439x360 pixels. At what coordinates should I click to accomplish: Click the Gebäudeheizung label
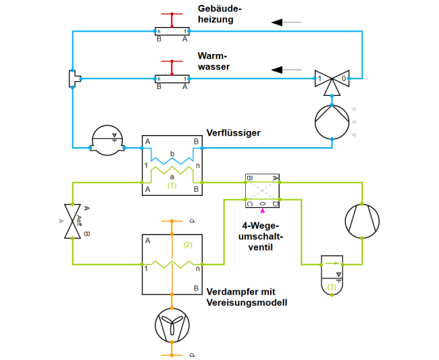219,14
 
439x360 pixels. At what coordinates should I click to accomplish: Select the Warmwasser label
213,61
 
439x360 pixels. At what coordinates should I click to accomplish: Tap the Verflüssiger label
233,133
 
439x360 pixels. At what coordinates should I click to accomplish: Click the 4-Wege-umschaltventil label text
261,236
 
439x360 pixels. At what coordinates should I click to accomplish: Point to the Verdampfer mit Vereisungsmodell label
247,298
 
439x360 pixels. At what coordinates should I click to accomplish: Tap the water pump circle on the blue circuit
332,121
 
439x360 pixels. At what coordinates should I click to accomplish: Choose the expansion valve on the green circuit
73,221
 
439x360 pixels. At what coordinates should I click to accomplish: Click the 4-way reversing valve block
262,190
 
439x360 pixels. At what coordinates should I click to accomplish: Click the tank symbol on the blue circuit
108,140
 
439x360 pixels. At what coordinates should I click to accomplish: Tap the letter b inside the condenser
172,154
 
